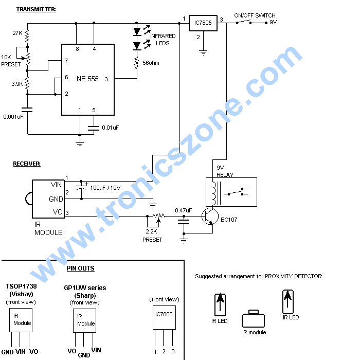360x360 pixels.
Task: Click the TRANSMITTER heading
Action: tap(36, 9)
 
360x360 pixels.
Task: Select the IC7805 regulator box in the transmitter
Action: tap(203, 23)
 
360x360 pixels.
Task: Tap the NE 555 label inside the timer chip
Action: tap(87, 79)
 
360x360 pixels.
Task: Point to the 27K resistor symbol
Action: tap(27, 36)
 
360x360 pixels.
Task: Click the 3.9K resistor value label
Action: tap(17, 84)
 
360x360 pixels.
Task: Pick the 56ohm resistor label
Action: tap(151, 63)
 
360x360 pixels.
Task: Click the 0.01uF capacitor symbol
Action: tap(94, 128)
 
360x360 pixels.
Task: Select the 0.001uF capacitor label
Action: tap(13, 117)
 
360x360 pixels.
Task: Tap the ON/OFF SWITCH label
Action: tap(255, 15)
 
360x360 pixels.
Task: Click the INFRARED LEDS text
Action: tap(163, 40)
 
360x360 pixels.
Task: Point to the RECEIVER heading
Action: tap(27, 164)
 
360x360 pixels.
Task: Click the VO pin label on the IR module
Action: tap(58, 212)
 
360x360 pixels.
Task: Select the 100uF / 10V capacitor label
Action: tap(105, 188)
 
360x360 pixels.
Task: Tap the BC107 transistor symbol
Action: tap(210, 217)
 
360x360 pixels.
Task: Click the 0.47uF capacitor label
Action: tap(183, 210)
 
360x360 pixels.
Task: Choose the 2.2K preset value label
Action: tap(151, 231)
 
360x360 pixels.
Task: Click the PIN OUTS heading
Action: tap(80, 268)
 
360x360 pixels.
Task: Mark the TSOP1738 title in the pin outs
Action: tap(22, 286)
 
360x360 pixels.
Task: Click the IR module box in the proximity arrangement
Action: tap(253, 319)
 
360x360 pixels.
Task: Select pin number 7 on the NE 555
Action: tap(66, 61)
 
